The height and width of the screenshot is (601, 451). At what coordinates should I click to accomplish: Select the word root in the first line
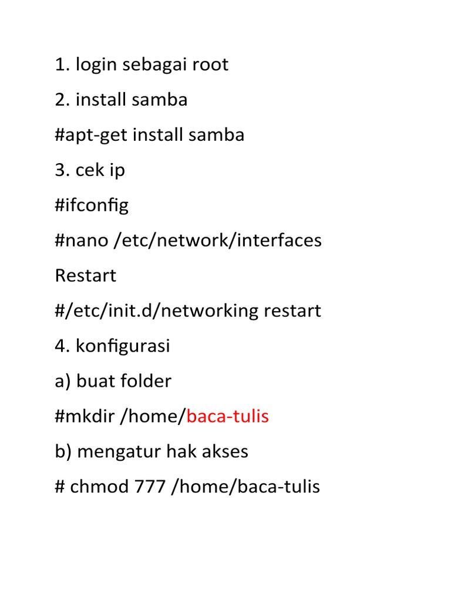click(209, 65)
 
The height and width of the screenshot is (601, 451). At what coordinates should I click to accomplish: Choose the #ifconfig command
click(92, 205)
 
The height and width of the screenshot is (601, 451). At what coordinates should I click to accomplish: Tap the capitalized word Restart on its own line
click(86, 275)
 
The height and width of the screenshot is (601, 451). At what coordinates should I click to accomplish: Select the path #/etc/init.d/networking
click(157, 310)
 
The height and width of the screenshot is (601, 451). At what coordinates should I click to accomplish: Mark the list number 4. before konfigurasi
click(62, 346)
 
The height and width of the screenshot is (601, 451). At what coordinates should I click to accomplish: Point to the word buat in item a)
click(94, 381)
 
